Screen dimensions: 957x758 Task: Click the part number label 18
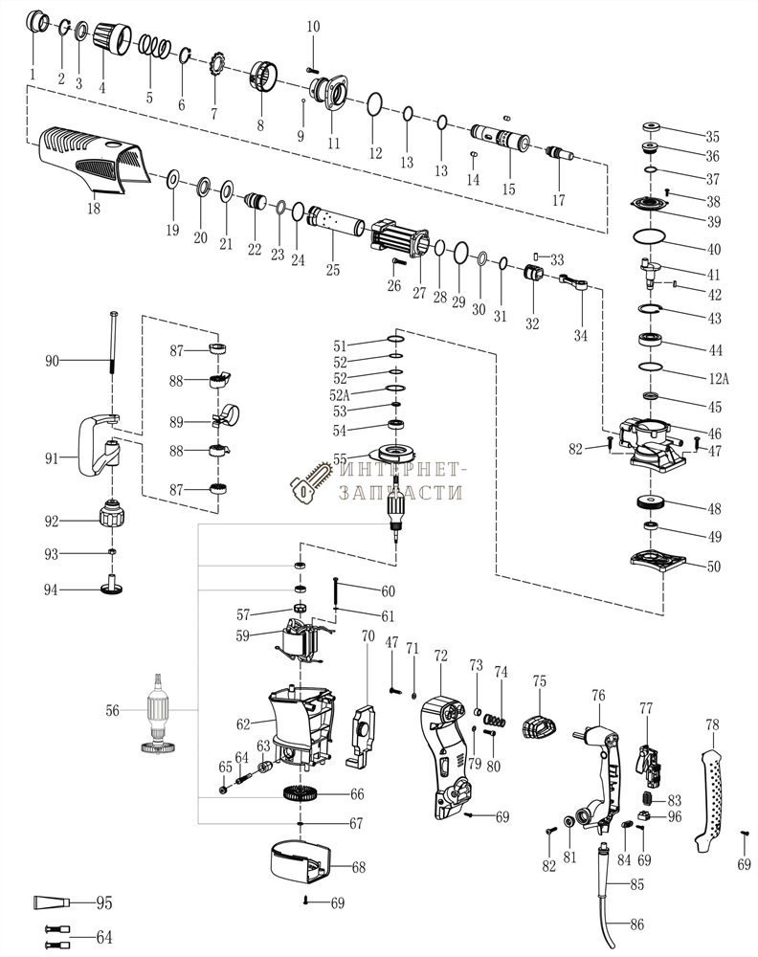pyautogui.click(x=93, y=207)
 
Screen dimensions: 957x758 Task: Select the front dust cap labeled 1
pyautogui.click(x=38, y=23)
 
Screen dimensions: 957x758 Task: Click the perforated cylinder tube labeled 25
pyautogui.click(x=335, y=222)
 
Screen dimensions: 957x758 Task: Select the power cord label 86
pyautogui.click(x=636, y=925)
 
